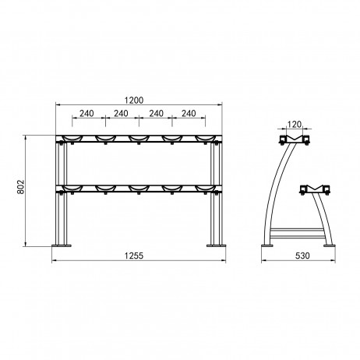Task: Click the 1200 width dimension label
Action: coord(133,100)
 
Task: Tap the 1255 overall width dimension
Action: coord(134,256)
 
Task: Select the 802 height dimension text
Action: coord(20,186)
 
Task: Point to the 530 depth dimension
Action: coord(302,256)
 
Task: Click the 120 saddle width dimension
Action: coord(295,125)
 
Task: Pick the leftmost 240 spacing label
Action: coord(86,114)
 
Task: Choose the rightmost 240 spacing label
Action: coord(189,114)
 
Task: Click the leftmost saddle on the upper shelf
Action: coord(72,139)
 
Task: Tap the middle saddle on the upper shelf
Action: coord(139,139)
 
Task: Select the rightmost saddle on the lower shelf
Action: coord(206,189)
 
